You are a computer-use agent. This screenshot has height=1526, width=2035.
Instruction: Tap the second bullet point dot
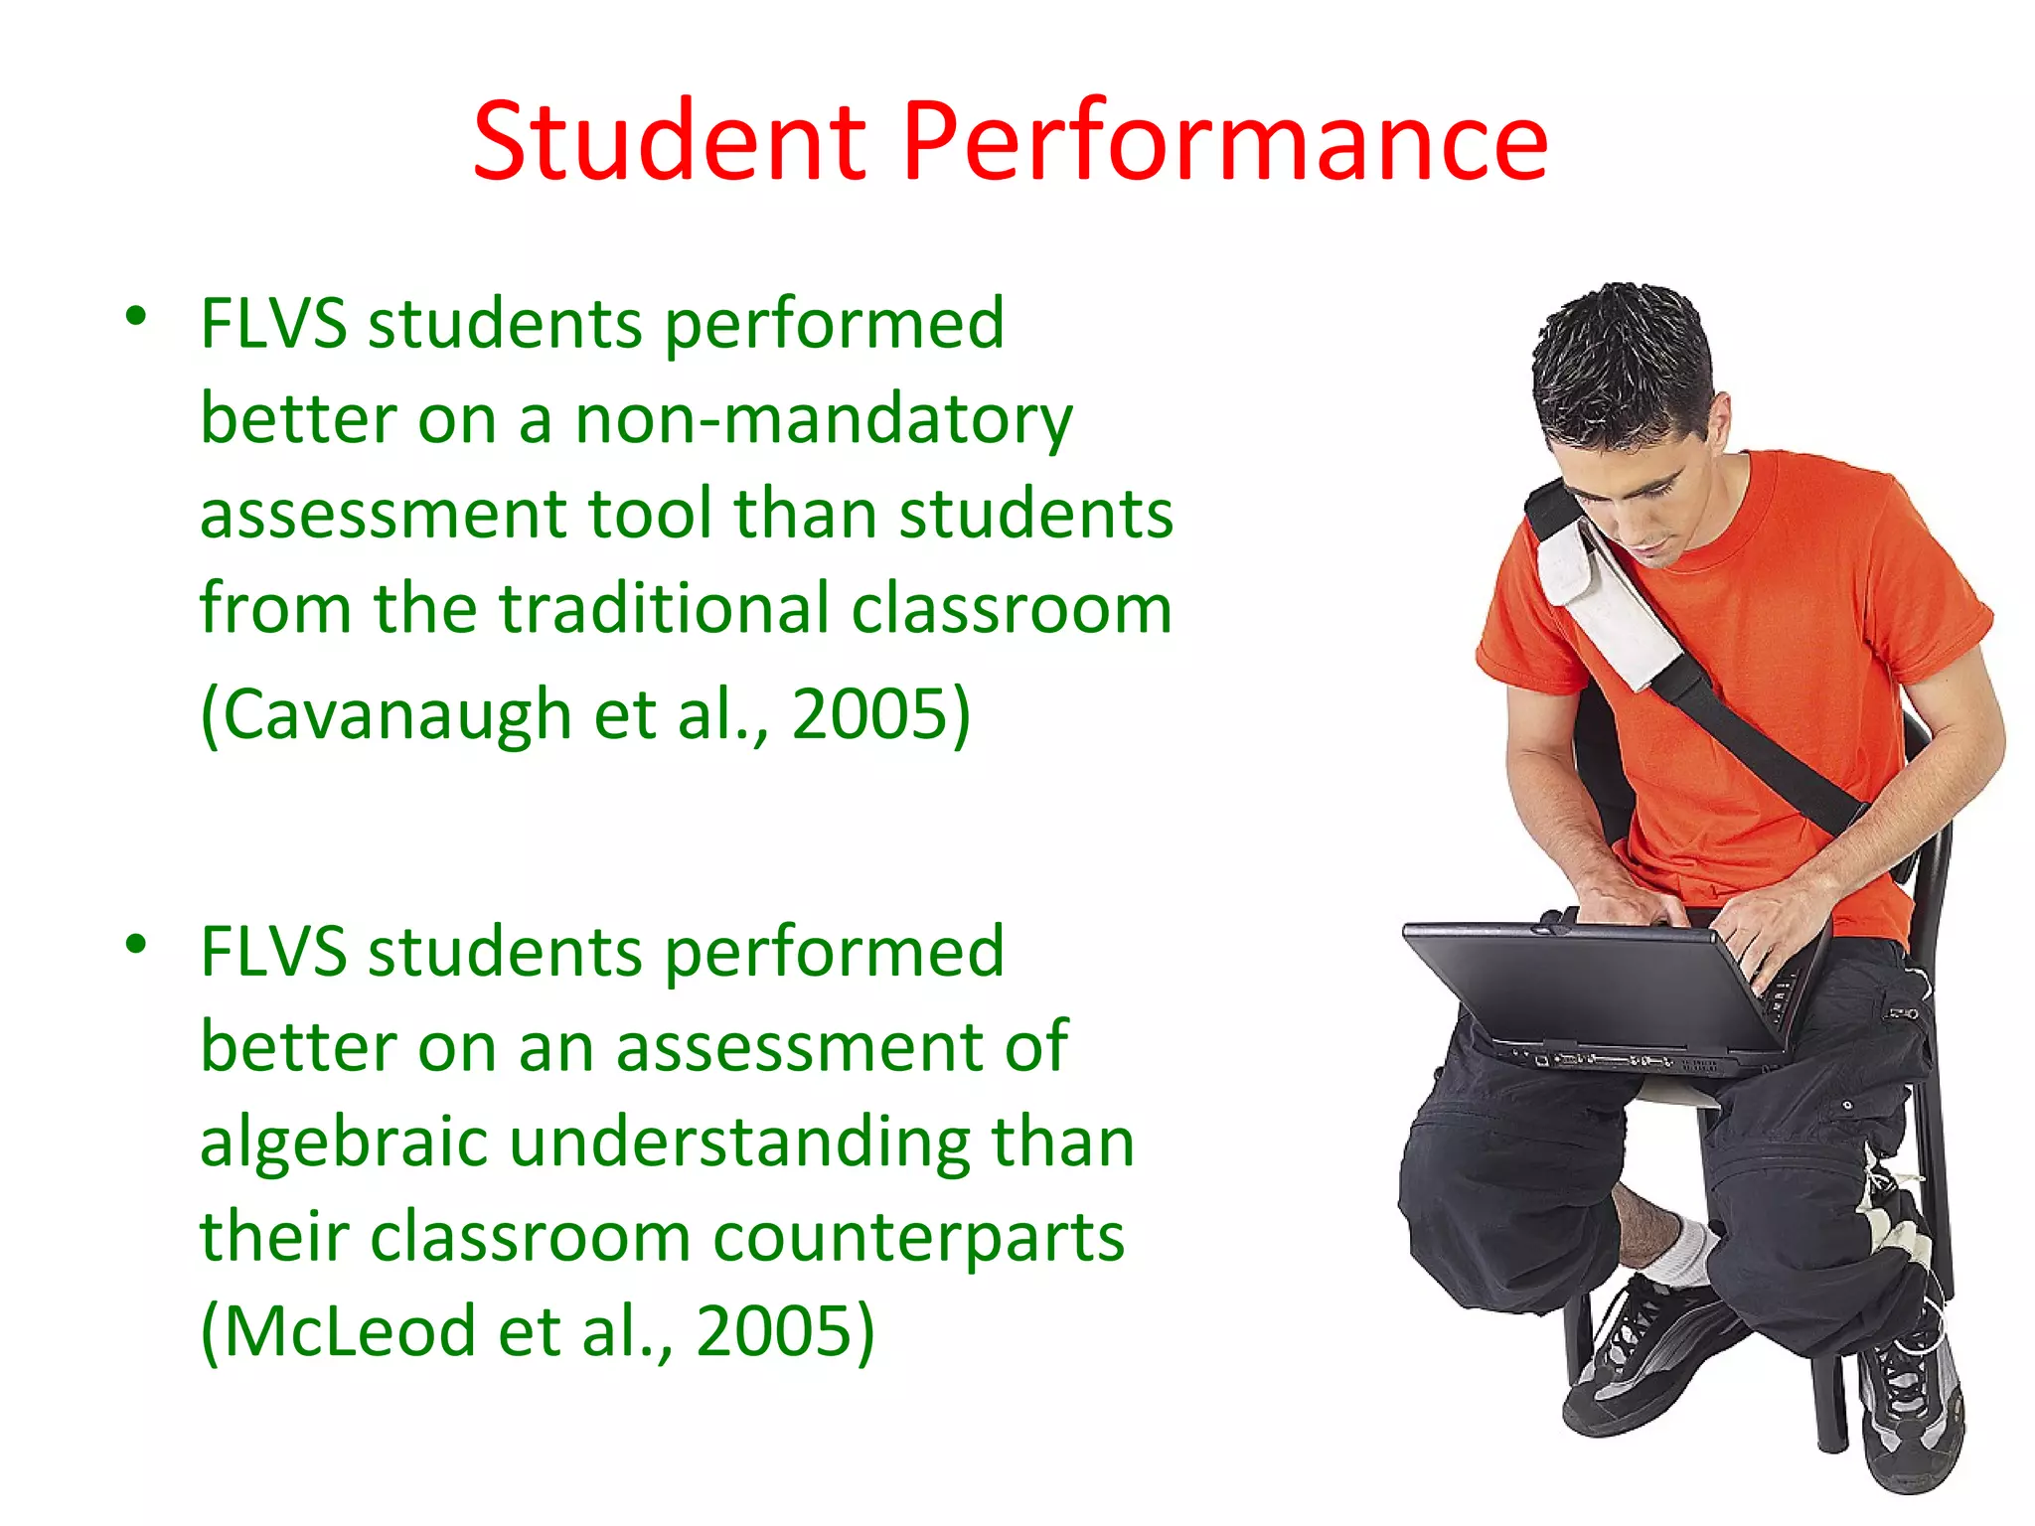tap(136, 945)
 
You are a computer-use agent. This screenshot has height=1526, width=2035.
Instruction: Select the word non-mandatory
tap(824, 420)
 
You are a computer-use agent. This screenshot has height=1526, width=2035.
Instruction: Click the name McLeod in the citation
tap(338, 1331)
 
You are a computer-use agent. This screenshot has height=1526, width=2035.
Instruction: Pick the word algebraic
tap(343, 1142)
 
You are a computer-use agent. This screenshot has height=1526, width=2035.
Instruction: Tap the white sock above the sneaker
tap(1679, 1254)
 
